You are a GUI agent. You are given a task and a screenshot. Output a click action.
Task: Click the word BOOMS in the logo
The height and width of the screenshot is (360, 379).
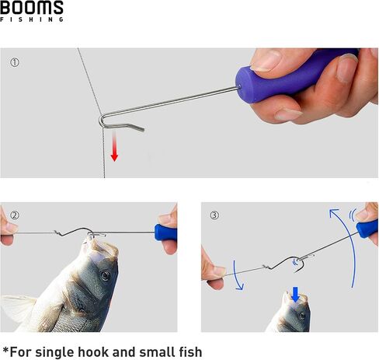32,7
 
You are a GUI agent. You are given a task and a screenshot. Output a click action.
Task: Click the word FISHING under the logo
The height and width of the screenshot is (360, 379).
32,19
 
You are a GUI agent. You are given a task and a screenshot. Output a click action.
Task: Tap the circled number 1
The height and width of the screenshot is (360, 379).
15,62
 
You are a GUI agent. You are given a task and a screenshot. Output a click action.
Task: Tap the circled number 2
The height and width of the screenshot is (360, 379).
15,215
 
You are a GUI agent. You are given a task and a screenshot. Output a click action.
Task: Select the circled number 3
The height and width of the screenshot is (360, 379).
214,215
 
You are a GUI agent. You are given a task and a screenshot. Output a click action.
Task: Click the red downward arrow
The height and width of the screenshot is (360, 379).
114,146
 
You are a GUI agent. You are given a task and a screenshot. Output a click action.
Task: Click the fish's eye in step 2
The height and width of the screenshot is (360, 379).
105,276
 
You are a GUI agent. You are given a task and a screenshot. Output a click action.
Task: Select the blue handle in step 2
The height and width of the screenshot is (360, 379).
165,232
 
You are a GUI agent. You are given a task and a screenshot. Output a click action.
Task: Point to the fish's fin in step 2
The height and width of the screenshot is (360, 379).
17,309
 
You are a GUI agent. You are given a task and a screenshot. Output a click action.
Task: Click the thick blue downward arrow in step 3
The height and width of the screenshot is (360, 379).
295,295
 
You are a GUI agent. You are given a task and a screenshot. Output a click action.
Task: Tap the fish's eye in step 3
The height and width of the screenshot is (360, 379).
302,316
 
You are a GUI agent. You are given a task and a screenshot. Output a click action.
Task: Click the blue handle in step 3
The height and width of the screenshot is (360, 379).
367,229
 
